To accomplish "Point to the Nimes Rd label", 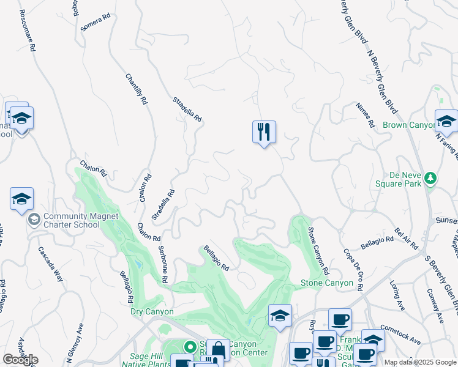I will pos(365,114).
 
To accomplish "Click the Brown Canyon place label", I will pos(408,125).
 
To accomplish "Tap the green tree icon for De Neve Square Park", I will pos(431,178).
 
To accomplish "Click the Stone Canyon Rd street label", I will pos(318,251).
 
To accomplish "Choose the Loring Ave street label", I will pos(399,294).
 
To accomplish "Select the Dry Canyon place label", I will pos(152,311).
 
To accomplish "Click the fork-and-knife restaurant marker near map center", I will pos(264,132).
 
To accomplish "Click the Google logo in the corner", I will pos(20,360).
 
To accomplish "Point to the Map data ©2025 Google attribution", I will pos(419,362).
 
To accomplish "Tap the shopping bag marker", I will pos(217,350).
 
